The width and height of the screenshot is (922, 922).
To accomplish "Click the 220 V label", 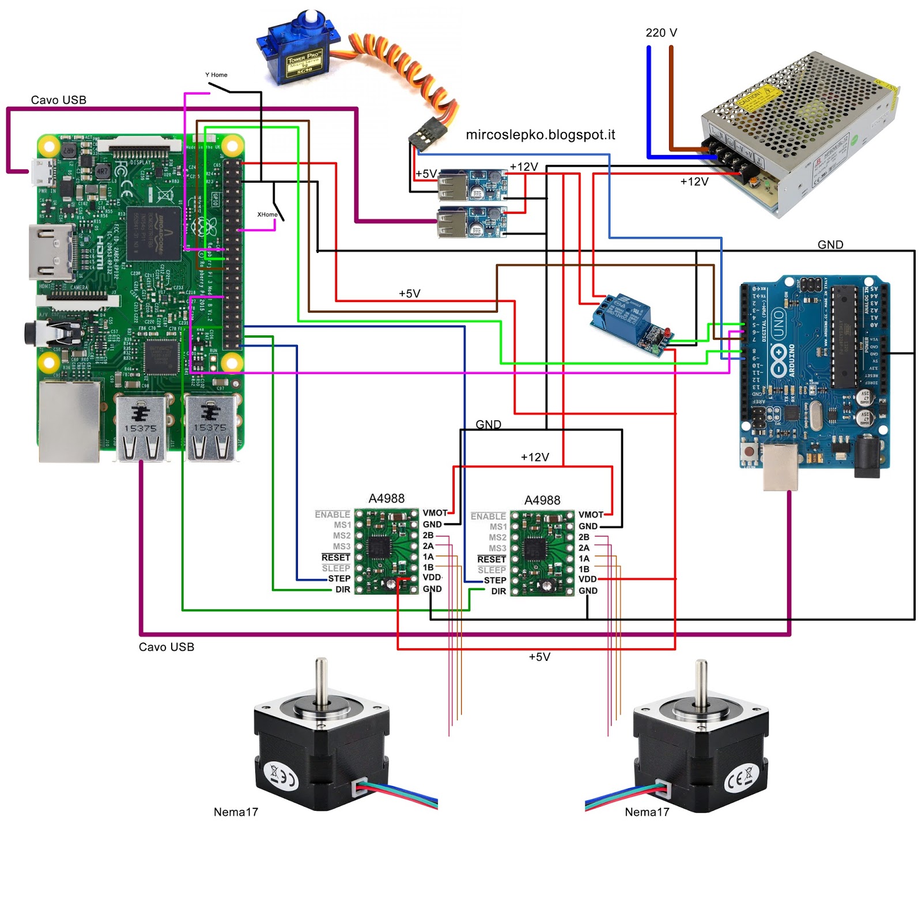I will coord(661,33).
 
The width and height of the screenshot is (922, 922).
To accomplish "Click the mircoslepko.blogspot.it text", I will coord(540,135).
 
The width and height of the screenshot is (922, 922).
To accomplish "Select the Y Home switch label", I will coord(216,75).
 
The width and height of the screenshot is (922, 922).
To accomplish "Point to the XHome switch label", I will coord(267,214).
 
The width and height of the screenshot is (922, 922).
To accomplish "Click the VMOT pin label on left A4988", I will coord(434,513).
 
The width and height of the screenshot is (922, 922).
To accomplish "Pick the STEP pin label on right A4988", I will coord(494,580).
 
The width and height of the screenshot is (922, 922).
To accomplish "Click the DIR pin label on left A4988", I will coord(343,590).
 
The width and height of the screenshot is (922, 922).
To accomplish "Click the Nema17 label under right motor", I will coord(647,812).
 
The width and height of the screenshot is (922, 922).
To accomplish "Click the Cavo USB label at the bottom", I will coord(167,647).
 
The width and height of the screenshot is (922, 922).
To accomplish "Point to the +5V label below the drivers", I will coord(539,657).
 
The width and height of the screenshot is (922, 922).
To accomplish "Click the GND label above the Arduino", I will coord(830,245).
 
